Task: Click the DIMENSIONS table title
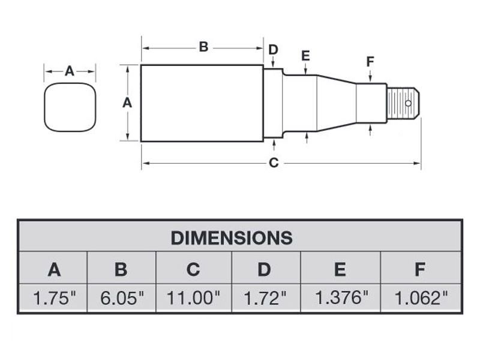point(232,237)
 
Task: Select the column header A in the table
point(54,269)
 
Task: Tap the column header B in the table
point(121,269)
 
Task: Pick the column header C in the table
point(193,269)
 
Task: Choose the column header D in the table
point(264,269)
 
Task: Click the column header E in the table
point(340,269)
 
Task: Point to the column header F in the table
point(419,269)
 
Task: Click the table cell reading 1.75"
point(54,298)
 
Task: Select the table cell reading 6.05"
point(121,298)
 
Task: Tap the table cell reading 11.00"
point(193,298)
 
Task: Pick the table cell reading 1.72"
point(264,298)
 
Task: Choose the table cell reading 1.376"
point(340,298)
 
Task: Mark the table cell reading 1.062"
point(419,298)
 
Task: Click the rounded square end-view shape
point(70,109)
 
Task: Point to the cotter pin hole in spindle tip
point(408,103)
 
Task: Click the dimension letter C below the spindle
point(274,163)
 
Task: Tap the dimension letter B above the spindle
point(203,47)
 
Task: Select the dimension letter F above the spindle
point(370,61)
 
